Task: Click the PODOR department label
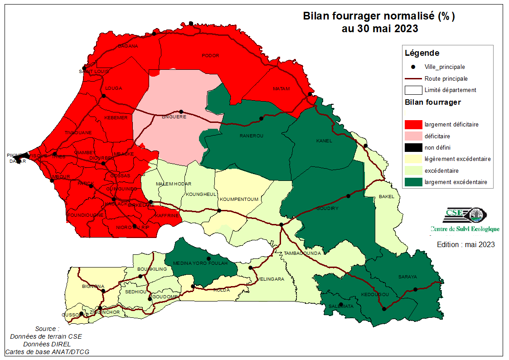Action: [x=210, y=56]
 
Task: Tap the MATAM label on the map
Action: [x=281, y=88]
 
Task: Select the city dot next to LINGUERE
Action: [x=181, y=112]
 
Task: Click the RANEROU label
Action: [x=251, y=136]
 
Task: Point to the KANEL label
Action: [x=324, y=141]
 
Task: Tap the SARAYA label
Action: [x=407, y=277]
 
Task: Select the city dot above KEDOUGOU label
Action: [x=384, y=309]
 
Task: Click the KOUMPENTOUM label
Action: [x=239, y=199]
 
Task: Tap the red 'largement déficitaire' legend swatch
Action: [x=412, y=124]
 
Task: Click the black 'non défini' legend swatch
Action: [x=412, y=147]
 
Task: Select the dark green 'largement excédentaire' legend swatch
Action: [x=412, y=182]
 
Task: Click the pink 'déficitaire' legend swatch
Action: [x=412, y=136]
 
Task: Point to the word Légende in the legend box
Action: [x=422, y=53]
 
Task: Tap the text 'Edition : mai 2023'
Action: [x=465, y=244]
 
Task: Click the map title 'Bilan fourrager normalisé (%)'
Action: [x=378, y=17]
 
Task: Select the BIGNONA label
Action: [x=93, y=287]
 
